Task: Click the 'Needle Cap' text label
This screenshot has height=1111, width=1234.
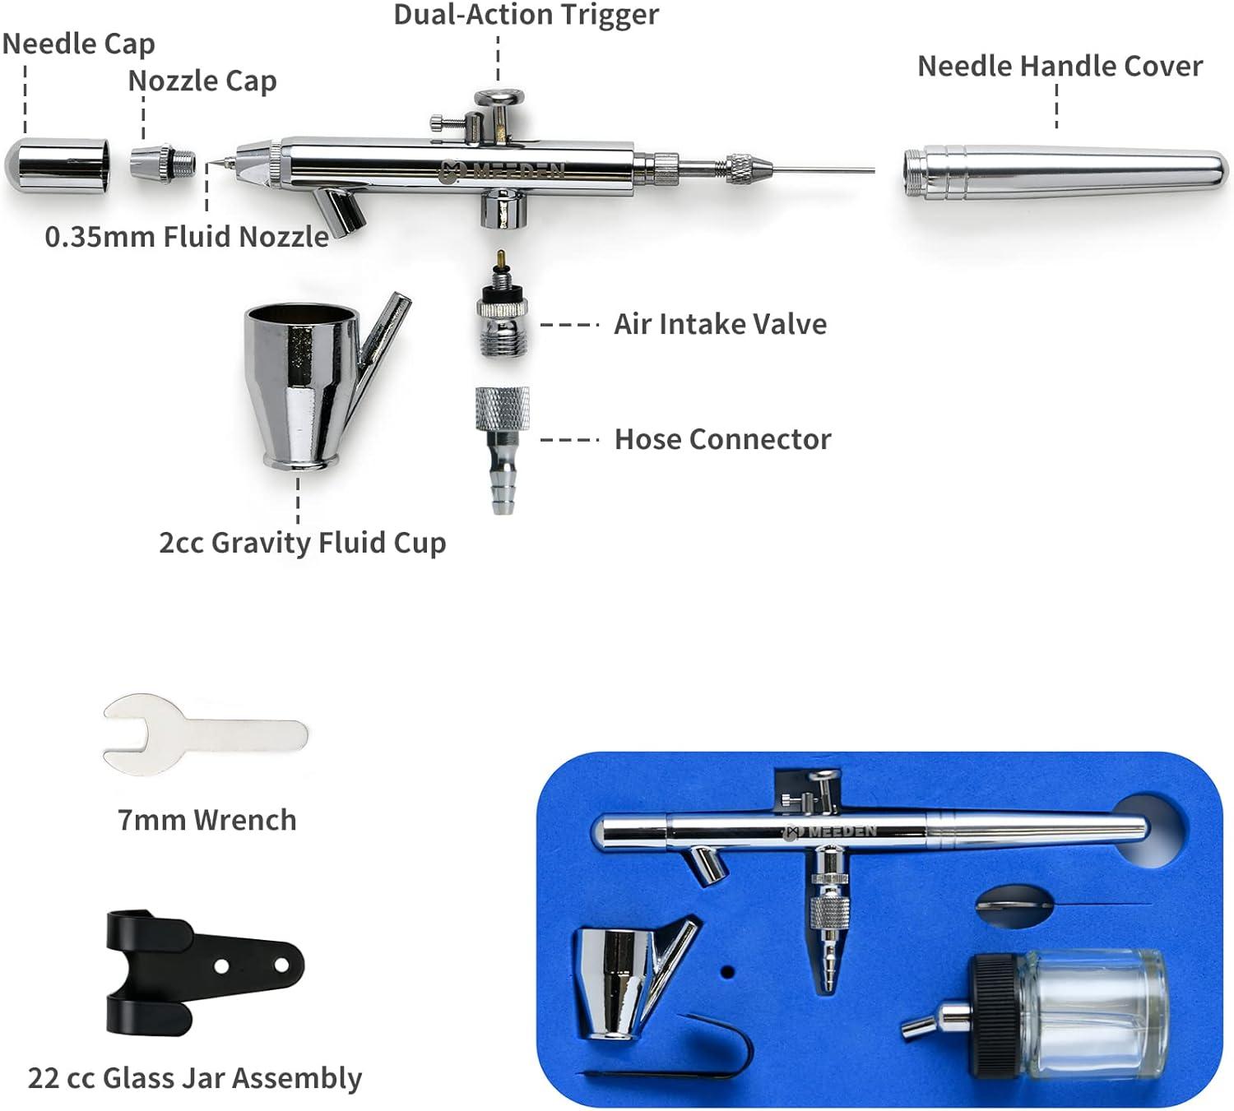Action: (x=79, y=44)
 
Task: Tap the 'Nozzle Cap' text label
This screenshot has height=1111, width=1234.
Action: (x=202, y=81)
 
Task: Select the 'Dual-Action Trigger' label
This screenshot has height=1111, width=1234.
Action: (x=526, y=15)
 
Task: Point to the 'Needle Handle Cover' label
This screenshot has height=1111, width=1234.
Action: (x=1060, y=67)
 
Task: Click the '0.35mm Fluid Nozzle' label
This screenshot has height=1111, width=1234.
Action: (x=187, y=237)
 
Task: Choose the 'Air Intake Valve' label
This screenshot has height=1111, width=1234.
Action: (x=721, y=324)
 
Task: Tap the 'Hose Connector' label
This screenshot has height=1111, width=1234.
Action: (x=723, y=439)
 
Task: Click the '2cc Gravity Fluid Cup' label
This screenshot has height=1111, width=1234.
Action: (x=302, y=544)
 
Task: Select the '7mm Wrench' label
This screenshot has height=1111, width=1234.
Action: (x=207, y=820)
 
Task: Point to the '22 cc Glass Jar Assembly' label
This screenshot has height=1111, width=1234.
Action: (x=195, y=1078)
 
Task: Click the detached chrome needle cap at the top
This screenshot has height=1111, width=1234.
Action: (x=58, y=166)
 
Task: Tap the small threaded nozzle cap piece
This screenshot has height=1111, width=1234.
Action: (x=162, y=162)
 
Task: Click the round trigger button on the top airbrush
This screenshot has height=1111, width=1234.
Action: (x=499, y=97)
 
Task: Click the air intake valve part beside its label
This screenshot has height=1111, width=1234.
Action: (x=503, y=303)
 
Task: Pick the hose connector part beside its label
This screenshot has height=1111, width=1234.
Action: (x=503, y=451)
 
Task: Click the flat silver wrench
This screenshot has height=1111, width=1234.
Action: (x=206, y=734)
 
